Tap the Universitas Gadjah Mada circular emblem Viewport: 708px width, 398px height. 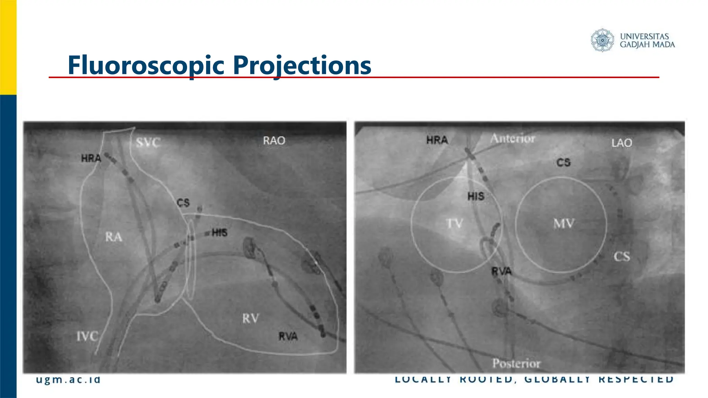[602, 40]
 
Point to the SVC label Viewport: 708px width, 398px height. [148, 142]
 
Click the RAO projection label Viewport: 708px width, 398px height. [274, 141]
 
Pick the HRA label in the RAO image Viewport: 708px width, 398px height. [91, 158]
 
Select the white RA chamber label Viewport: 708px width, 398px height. [114, 237]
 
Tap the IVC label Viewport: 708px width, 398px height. [87, 336]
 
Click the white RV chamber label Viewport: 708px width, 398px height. [250, 319]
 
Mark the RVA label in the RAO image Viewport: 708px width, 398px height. [288, 336]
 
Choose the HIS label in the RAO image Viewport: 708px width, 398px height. [220, 233]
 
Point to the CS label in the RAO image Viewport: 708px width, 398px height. [183, 202]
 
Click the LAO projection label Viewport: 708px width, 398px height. [621, 143]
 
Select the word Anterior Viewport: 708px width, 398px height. [513, 139]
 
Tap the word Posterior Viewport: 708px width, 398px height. [516, 363]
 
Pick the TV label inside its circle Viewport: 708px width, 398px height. [454, 224]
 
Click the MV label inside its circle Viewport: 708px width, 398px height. [564, 224]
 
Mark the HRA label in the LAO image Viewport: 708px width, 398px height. [437, 140]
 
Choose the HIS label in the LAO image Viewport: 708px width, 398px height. [476, 196]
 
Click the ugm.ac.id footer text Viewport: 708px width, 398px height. [68, 379]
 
